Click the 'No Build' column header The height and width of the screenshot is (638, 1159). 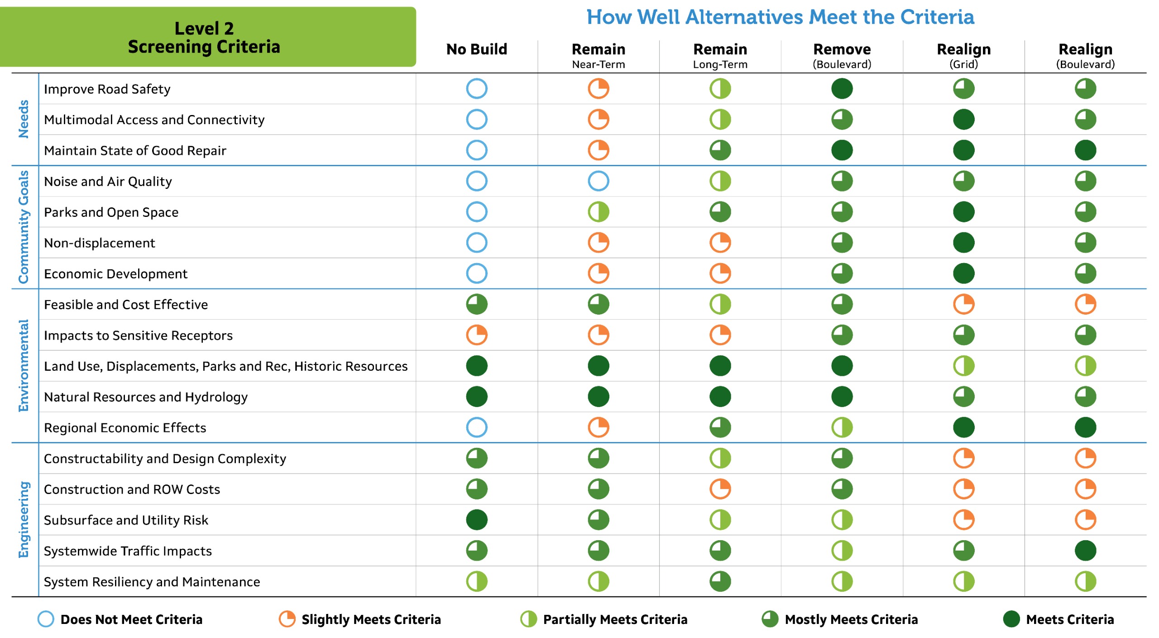point(476,49)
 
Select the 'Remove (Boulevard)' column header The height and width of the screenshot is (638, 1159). point(842,55)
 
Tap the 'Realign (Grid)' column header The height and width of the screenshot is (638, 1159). point(963,55)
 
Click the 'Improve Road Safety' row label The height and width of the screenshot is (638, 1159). point(107,89)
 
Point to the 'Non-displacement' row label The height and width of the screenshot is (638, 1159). point(99,243)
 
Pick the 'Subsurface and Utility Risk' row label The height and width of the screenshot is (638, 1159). point(126,520)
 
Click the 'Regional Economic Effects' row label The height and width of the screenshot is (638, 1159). point(125,428)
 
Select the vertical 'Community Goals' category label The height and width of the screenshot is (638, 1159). point(24,227)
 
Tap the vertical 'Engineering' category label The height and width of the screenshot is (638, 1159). point(24,519)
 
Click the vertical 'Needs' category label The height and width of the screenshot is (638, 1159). point(24,119)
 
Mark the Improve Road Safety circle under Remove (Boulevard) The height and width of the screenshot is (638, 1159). point(842,89)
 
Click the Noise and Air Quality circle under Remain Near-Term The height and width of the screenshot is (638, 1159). point(598,181)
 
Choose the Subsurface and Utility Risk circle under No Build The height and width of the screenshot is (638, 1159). point(476,520)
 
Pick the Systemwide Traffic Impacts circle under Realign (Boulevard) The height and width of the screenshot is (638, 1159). point(1085,551)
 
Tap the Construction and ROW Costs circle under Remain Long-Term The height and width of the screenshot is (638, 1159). point(720,489)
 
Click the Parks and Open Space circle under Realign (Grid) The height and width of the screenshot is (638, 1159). point(963,212)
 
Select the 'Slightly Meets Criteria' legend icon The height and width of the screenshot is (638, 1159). point(287,619)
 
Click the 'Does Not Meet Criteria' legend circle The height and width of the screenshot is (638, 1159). point(46,619)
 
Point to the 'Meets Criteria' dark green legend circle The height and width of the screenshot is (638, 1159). point(1011,619)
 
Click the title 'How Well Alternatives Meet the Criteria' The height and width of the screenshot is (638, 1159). point(780,17)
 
